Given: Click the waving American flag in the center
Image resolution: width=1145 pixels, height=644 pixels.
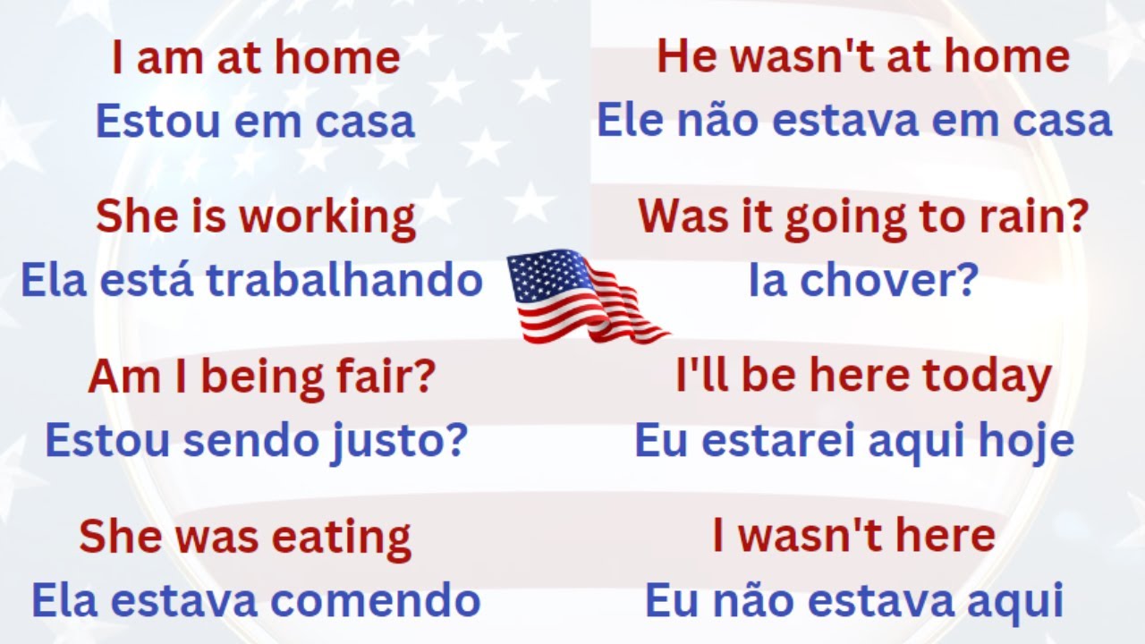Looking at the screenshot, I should (586, 297).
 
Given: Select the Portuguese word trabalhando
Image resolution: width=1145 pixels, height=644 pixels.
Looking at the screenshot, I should (344, 281).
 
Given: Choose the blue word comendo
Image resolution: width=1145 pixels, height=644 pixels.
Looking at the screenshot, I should (377, 601).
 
